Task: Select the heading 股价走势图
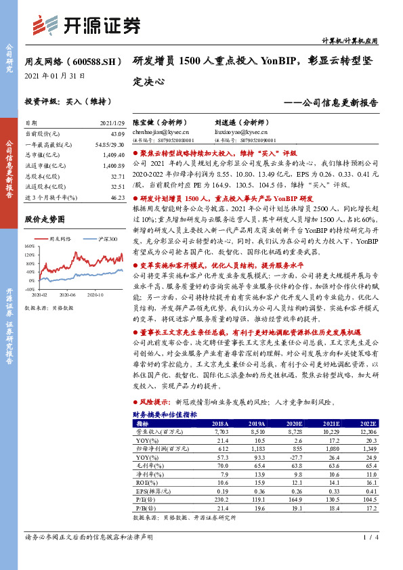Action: point(44,220)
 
